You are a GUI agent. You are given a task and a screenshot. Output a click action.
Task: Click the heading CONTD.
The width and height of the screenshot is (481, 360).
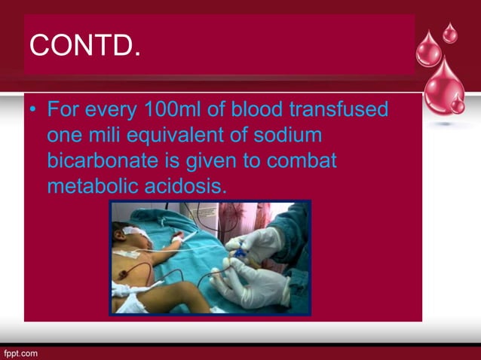point(84,46)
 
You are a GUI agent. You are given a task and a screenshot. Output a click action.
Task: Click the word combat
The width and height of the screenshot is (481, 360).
point(299,160)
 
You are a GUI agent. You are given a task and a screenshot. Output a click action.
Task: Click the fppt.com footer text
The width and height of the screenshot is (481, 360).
point(20,352)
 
